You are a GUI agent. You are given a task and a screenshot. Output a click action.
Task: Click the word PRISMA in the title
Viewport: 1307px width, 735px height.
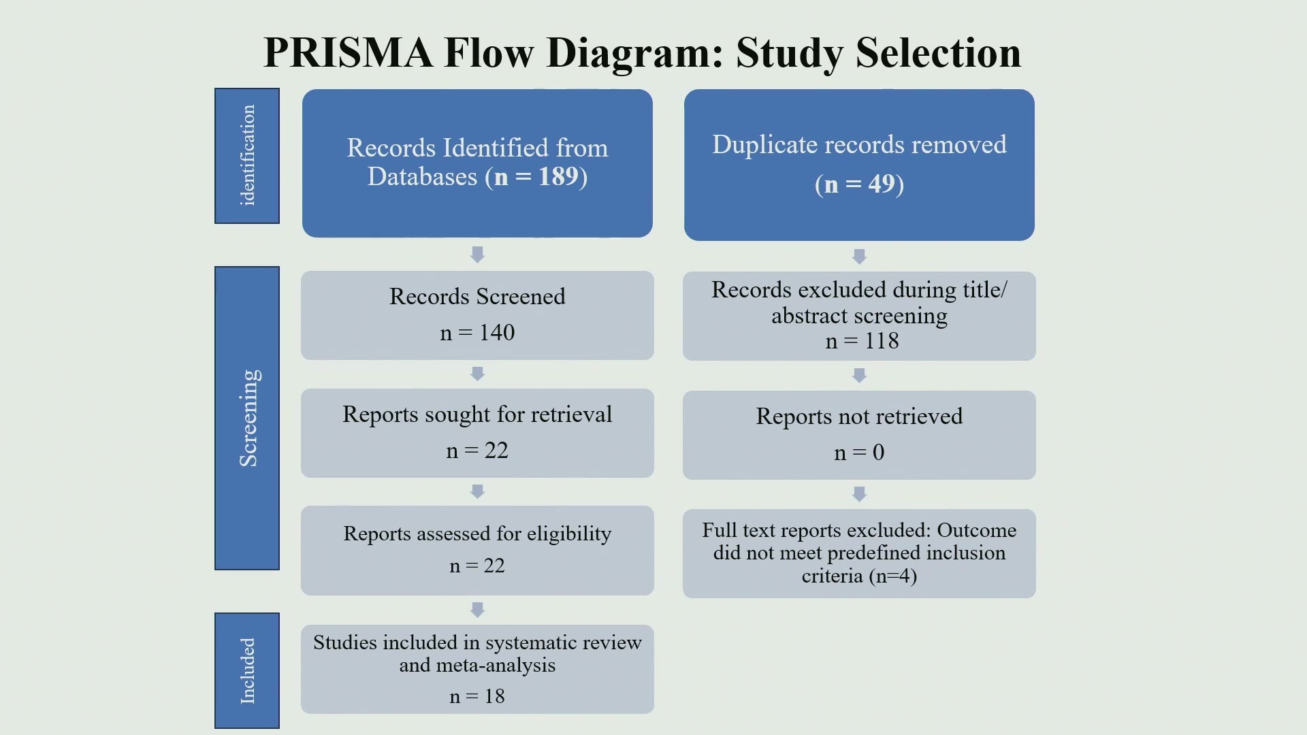point(347,52)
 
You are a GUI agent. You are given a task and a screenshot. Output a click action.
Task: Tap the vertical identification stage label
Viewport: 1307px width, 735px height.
point(247,155)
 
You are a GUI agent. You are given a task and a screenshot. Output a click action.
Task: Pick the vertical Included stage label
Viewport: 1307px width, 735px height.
point(247,670)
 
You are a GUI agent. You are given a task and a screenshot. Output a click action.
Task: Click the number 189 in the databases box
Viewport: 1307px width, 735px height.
point(558,176)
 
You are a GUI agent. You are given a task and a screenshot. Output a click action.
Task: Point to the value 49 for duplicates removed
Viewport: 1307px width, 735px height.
point(882,184)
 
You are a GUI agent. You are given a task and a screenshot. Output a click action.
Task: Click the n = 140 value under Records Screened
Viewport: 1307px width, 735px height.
point(477,332)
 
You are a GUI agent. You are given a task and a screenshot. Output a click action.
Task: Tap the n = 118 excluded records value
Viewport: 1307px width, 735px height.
point(862,340)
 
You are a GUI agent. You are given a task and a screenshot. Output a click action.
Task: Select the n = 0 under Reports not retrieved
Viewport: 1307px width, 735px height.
point(859,452)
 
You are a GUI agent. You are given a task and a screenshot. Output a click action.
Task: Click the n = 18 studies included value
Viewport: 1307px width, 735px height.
point(477,696)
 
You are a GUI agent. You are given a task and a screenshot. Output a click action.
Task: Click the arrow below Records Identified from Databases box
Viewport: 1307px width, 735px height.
point(477,255)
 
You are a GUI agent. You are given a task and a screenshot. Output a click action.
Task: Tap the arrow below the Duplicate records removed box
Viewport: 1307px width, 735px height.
point(859,257)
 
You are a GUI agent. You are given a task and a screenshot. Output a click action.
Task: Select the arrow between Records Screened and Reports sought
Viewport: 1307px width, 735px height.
point(477,374)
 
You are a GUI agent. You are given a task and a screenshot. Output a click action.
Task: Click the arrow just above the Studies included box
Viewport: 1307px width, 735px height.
point(477,609)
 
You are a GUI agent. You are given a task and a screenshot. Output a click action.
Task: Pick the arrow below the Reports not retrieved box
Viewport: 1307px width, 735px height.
point(859,494)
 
